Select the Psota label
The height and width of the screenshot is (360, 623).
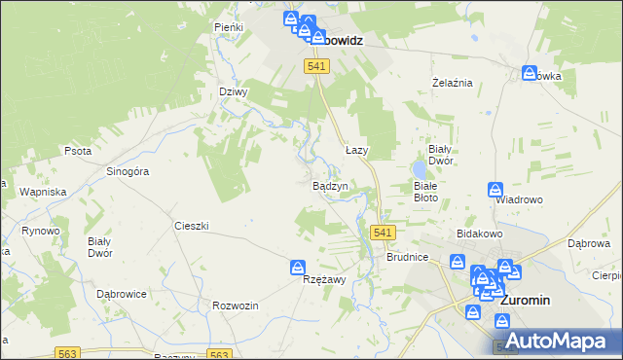[x=78, y=152]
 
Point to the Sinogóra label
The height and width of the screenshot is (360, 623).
[x=127, y=171]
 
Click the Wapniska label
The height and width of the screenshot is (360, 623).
[x=42, y=192]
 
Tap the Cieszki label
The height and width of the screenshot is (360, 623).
[x=192, y=225]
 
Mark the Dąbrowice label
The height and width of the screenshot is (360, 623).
[x=122, y=293]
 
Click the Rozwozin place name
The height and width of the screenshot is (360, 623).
[x=235, y=306]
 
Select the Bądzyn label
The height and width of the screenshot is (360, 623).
[x=330, y=185]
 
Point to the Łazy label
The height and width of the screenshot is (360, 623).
[x=357, y=151]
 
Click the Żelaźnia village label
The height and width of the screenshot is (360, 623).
[x=452, y=83]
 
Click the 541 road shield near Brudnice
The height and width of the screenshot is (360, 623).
[x=383, y=233]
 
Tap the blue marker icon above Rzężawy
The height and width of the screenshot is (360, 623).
[x=299, y=267]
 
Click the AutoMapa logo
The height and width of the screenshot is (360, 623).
[x=562, y=341]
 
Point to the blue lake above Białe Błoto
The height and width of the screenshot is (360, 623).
[x=419, y=171]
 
